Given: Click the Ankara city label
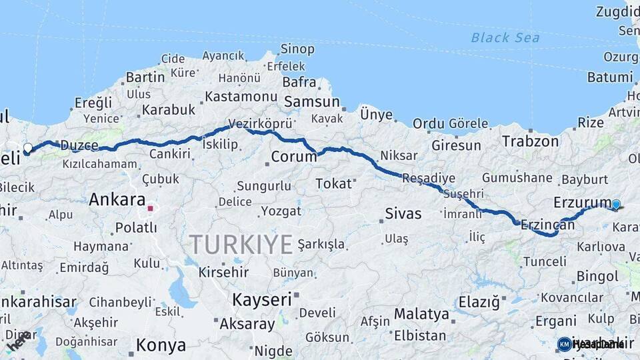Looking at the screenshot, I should (x=117, y=199).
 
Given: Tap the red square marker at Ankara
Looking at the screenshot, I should (x=151, y=208).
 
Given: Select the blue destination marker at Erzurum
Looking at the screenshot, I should (x=616, y=205).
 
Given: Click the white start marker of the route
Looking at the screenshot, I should (x=27, y=147).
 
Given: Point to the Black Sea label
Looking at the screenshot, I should (x=505, y=37).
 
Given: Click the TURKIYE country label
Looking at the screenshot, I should (x=241, y=245).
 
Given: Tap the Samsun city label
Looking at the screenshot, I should (x=312, y=102).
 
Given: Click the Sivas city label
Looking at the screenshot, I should (x=403, y=213).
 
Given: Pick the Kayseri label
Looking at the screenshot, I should (x=262, y=299).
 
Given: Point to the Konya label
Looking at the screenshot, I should (x=161, y=345).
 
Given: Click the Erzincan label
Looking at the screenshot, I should (x=547, y=225).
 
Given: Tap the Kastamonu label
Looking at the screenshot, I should (x=241, y=96).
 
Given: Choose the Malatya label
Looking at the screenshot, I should (x=421, y=313).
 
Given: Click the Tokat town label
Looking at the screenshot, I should (x=333, y=183).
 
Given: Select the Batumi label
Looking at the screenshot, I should (x=609, y=77).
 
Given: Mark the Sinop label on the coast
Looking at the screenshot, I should (x=297, y=48).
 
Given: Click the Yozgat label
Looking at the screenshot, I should (x=281, y=211).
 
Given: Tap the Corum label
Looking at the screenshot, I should (x=294, y=157).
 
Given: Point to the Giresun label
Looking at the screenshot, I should (x=456, y=145).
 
